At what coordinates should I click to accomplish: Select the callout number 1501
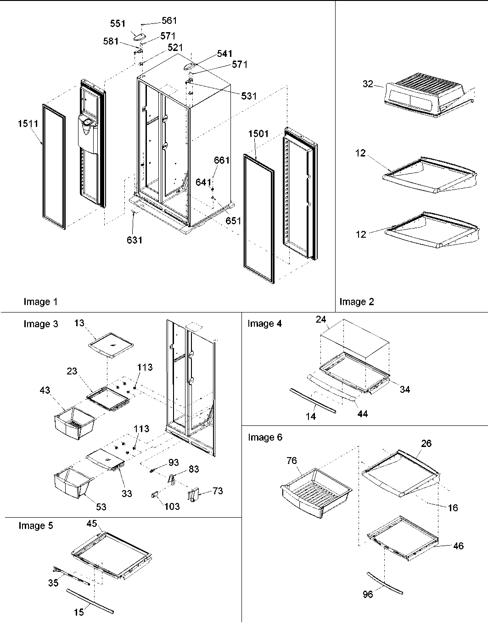coord(258,134)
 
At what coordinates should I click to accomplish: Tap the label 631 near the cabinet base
coord(135,240)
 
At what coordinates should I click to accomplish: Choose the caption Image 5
coord(36,525)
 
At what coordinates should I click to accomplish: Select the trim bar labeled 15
coord(90,598)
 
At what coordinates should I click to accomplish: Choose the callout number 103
coord(172,507)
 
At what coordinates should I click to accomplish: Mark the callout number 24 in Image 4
coord(320,319)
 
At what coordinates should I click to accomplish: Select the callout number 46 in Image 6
coord(458,546)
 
